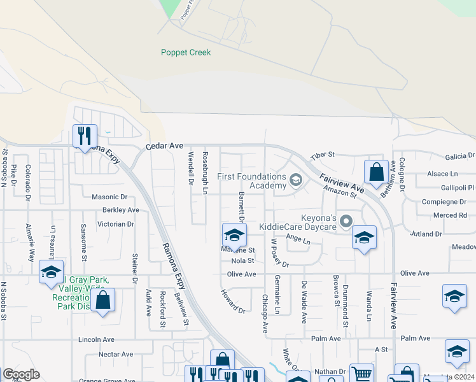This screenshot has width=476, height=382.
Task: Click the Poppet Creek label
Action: [x=185, y=53]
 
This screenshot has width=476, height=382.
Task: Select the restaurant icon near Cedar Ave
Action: [x=84, y=136]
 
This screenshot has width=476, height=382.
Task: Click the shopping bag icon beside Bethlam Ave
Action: [x=376, y=171]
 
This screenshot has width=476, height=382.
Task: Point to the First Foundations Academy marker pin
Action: [x=295, y=180]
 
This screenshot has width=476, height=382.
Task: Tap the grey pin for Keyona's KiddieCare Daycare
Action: [x=346, y=222]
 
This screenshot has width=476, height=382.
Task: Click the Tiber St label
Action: [x=322, y=155]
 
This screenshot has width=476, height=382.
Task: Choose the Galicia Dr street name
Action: [x=460, y=155]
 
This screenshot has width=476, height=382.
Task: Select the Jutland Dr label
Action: [x=426, y=234]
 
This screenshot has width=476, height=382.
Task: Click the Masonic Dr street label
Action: [x=109, y=197]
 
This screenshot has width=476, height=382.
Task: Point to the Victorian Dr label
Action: [x=116, y=224]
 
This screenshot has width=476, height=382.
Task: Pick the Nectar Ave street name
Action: [x=116, y=354]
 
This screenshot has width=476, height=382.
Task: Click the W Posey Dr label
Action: [x=279, y=253]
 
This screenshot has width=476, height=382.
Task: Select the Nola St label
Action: [x=242, y=260]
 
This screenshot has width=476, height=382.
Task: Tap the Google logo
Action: [x=21, y=374]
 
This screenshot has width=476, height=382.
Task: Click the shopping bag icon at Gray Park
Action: [x=102, y=301]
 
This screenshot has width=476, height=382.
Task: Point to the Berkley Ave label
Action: [x=120, y=209]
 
